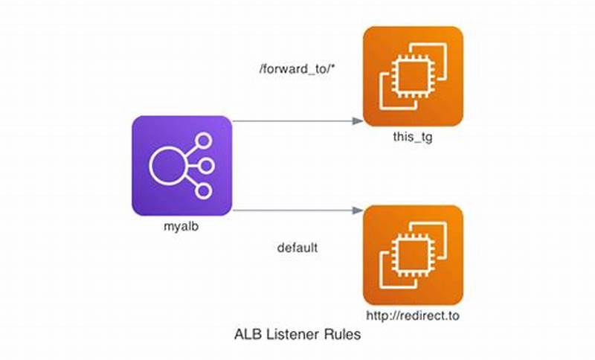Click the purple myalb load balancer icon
click(x=182, y=165)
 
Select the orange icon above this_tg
click(x=413, y=76)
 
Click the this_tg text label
click(x=413, y=138)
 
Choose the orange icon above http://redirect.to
click(x=413, y=254)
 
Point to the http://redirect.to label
click(x=413, y=316)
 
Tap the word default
click(x=297, y=248)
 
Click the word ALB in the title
click(x=248, y=335)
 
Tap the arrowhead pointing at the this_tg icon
click(x=358, y=120)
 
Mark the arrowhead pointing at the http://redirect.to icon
click(x=358, y=210)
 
